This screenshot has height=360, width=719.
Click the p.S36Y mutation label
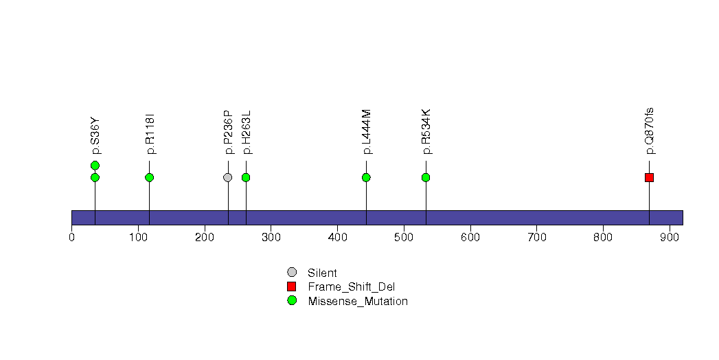pyautogui.click(x=95, y=136)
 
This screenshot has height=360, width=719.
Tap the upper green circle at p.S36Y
pyautogui.click(x=95, y=166)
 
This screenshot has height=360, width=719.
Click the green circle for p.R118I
pyautogui.click(x=150, y=177)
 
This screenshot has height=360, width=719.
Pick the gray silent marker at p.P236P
pyautogui.click(x=228, y=177)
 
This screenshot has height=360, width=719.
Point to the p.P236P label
pyautogui.click(x=229, y=132)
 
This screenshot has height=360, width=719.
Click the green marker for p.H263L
pyautogui.click(x=246, y=177)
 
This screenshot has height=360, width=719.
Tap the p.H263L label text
pyautogui.click(x=247, y=132)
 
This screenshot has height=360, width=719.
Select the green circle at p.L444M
pyautogui.click(x=366, y=177)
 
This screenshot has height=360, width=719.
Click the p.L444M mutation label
pyautogui.click(x=367, y=132)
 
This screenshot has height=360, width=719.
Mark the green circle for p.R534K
pyautogui.click(x=426, y=177)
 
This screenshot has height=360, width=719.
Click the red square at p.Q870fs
pyautogui.click(x=650, y=177)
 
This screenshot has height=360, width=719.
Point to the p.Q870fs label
pyautogui.click(x=650, y=131)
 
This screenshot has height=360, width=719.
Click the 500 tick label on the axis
pyautogui.click(x=404, y=238)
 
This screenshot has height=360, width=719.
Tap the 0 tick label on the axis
pyautogui.click(x=71, y=238)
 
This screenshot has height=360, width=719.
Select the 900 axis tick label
pyautogui.click(x=670, y=238)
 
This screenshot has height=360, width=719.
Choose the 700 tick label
pyautogui.click(x=536, y=238)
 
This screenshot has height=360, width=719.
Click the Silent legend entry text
pyautogui.click(x=322, y=273)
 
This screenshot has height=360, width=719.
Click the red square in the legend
pyautogui.click(x=292, y=286)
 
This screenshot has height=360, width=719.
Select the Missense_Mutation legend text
pyautogui.click(x=358, y=302)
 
